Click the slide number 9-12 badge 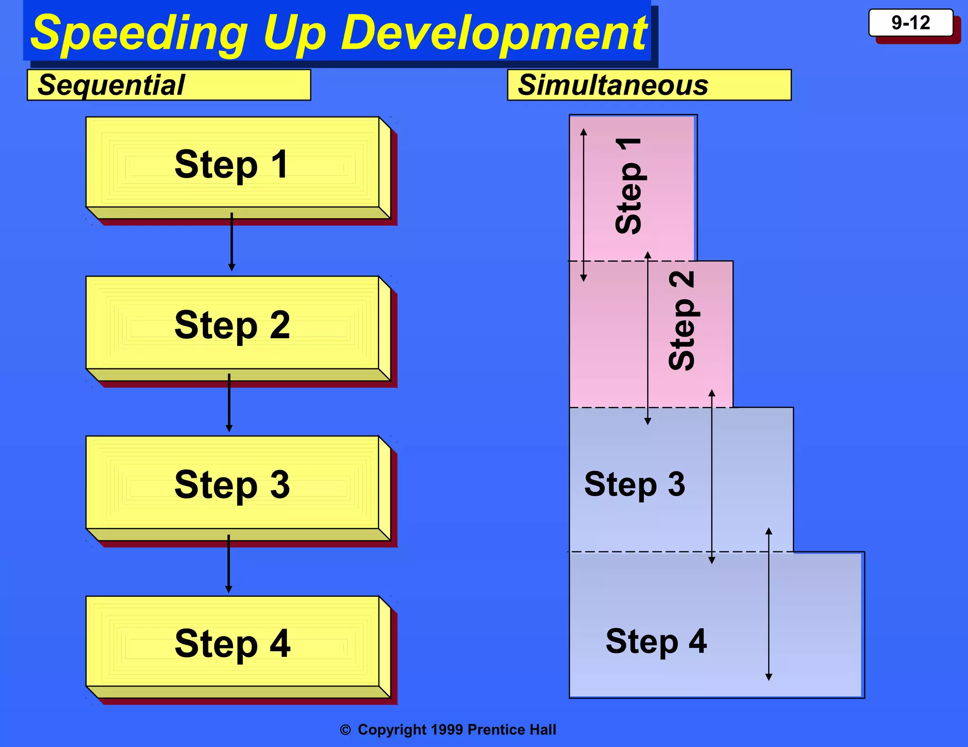910,23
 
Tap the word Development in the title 494,33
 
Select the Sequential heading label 112,85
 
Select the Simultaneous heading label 613,85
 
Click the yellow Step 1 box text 232,164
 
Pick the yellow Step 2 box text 232,325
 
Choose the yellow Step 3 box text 232,484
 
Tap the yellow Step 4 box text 232,644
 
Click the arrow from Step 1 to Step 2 232,242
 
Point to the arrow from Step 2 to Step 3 229,403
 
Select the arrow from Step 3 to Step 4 229,564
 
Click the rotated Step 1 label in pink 629,186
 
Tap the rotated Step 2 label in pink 682,321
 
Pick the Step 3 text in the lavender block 634,484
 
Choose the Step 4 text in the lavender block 656,641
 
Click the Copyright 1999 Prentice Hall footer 457,730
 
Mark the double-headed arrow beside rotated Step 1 584,205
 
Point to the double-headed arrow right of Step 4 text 769,604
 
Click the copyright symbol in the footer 346,730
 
